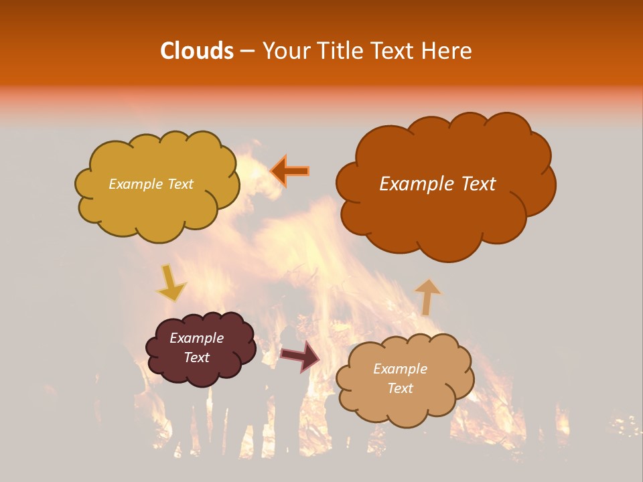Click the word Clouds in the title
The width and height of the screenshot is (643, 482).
coord(196,51)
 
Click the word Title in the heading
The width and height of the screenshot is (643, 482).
coord(342,51)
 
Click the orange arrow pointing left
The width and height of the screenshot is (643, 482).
coord(290,171)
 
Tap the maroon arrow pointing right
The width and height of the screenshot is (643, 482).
coord(300,356)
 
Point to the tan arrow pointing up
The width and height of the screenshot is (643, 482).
coord(427,297)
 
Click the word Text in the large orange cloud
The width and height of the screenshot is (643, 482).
coord(474,184)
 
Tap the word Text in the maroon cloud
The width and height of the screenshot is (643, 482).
coord(197,357)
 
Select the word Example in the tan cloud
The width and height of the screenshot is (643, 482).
coord(400,369)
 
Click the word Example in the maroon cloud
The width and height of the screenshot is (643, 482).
coord(197,338)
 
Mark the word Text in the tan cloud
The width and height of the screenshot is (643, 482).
coord(400,388)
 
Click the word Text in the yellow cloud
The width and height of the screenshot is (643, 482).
coord(180,184)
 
